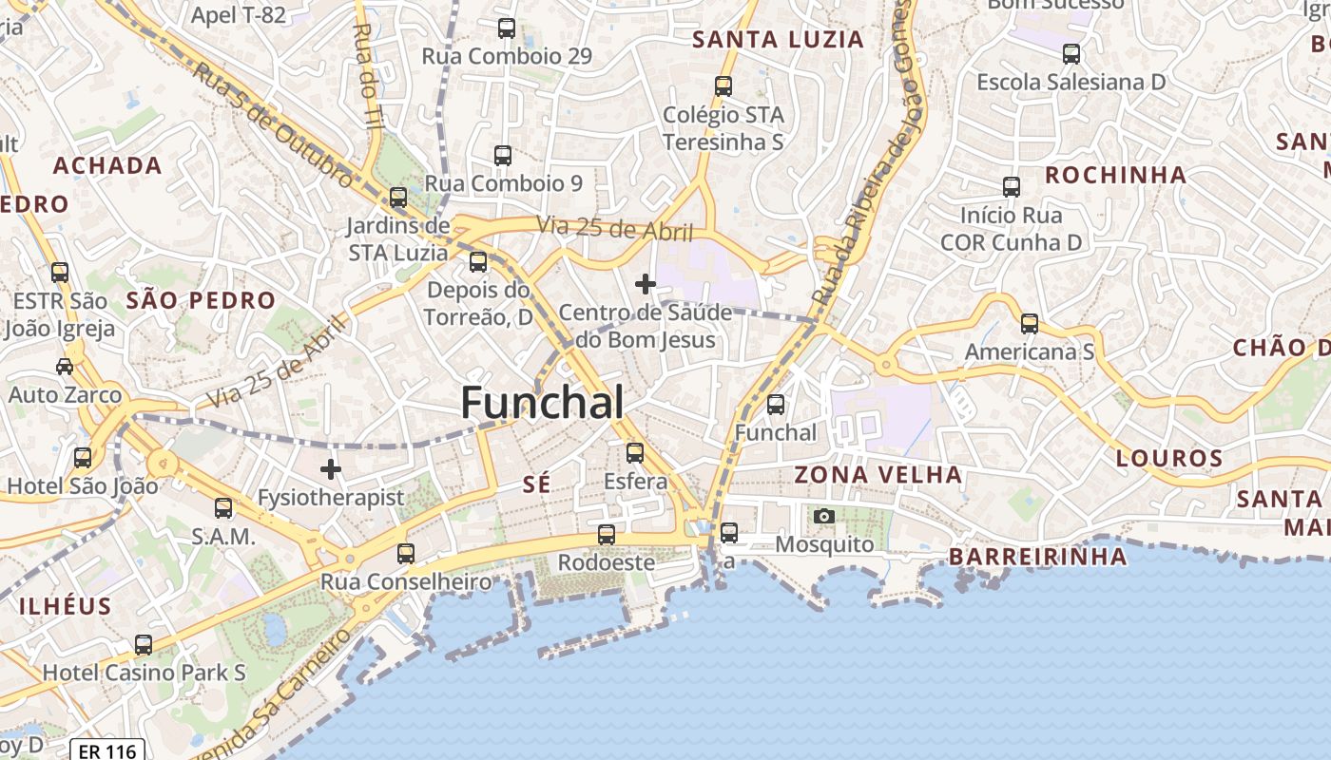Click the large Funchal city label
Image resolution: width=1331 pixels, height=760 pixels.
(x=542, y=403)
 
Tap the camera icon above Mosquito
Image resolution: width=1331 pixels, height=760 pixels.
(x=824, y=516)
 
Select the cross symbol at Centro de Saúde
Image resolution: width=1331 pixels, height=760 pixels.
(x=646, y=283)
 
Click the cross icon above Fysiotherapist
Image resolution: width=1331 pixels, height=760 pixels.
(x=331, y=468)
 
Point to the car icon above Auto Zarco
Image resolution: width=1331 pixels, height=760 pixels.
(x=65, y=366)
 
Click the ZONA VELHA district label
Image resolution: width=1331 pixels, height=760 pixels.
(x=878, y=474)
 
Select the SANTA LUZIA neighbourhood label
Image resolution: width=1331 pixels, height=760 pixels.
(x=779, y=40)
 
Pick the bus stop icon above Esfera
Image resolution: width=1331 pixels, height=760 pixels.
(x=635, y=452)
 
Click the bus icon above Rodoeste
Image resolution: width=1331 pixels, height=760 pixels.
(x=607, y=534)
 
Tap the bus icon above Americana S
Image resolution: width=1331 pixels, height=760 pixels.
(x=1030, y=323)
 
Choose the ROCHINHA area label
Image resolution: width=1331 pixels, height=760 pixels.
(x=1116, y=175)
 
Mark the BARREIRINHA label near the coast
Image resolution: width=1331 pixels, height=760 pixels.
(x=1038, y=557)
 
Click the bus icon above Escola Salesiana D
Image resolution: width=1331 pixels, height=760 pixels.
(x=1071, y=53)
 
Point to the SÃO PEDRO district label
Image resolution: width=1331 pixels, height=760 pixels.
(x=201, y=301)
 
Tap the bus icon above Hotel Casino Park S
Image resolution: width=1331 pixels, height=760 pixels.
(x=144, y=644)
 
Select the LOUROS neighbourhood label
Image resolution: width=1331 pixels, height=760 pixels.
(x=1168, y=459)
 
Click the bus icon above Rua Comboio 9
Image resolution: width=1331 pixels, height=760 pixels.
(x=503, y=155)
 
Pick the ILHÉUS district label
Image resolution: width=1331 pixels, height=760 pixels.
(x=66, y=606)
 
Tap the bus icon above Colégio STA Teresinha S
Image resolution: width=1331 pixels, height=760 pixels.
(x=723, y=85)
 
